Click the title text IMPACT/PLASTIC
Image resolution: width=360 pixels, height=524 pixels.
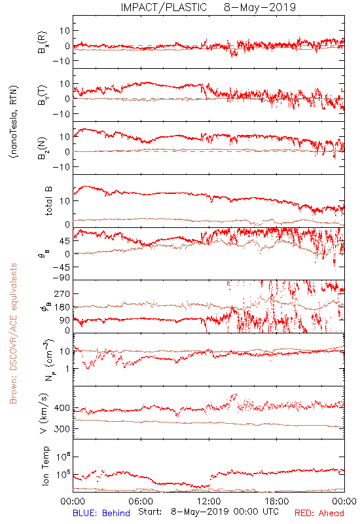pos(164,7)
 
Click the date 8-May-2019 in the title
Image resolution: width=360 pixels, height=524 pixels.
pos(260,7)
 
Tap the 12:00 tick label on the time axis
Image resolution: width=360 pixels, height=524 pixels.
pos(209,501)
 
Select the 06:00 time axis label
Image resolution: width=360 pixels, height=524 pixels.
pos(141,501)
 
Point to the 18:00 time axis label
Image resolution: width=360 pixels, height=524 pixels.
pos(277,501)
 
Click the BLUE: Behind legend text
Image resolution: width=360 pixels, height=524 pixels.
pos(101,513)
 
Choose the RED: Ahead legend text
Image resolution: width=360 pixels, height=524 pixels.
pos(319,513)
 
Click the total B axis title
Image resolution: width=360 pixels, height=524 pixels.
pos(48,201)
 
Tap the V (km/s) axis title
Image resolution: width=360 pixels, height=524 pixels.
pos(45,413)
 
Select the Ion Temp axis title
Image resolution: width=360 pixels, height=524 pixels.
pos(45,466)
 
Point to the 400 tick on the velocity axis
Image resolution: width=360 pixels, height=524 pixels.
pos(62,408)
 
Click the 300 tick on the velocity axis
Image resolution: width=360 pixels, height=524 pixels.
pos(62,429)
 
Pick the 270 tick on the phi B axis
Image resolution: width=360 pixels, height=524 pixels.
pos(62,293)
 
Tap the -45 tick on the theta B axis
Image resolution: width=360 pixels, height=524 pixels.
pos(61,267)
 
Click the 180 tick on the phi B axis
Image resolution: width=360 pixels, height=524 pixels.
pos(62,307)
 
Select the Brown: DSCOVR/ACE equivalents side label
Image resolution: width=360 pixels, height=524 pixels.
pos(13,333)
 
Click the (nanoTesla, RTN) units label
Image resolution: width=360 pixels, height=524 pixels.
pos(14,122)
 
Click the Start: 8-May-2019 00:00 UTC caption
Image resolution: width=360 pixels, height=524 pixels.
pos(208,512)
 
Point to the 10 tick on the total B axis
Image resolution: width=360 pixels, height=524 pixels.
pos(65,201)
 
